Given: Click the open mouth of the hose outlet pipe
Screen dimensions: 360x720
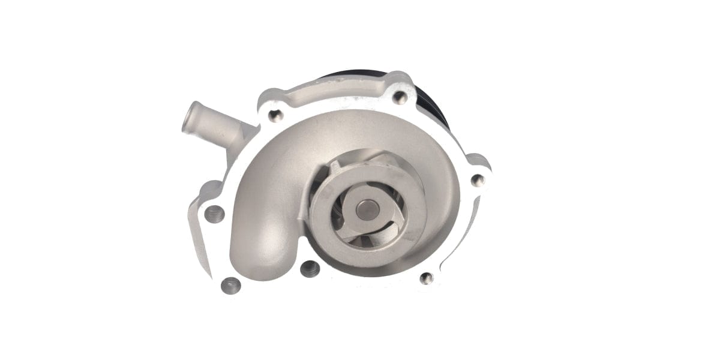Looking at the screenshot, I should coord(187,116).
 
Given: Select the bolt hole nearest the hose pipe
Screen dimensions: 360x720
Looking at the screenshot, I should coord(275,116).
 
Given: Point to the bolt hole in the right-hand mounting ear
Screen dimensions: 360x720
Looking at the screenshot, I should coord(477,179).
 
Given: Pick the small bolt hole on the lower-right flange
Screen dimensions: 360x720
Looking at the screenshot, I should coord(427,278).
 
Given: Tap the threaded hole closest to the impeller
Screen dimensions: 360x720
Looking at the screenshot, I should coord(309,269).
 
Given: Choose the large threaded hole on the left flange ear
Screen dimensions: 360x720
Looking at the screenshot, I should coord(214,213).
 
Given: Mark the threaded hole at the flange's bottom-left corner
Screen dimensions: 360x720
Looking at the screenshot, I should coord(230,286).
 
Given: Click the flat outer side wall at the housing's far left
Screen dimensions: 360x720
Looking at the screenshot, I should coord(201,240).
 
